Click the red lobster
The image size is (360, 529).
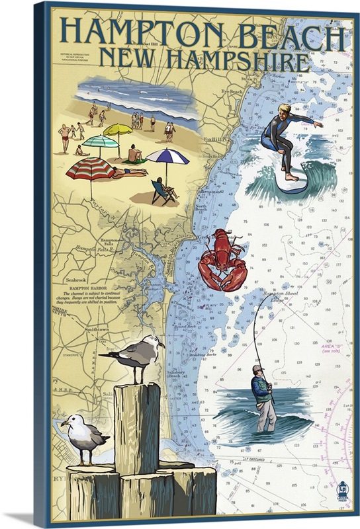point(222,259)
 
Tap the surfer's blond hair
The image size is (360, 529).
point(285,110)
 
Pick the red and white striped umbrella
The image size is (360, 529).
point(90,168)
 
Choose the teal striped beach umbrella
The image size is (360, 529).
point(99,141)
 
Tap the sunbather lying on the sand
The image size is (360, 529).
point(128,173)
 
